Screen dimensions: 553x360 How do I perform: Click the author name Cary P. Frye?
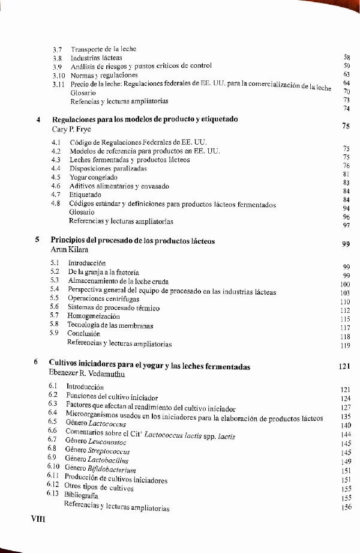tap(71, 129)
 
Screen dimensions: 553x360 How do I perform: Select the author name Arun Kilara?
tap(69, 250)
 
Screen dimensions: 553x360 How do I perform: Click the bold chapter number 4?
tap(38, 119)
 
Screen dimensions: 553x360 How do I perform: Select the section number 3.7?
tap(58, 49)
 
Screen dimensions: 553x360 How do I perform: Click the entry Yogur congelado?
tap(94, 178)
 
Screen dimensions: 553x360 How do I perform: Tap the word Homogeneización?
tap(94, 316)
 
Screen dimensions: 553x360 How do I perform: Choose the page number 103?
tap(344, 294)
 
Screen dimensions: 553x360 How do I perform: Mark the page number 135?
tap(345, 416)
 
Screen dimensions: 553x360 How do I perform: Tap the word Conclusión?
tap(83, 334)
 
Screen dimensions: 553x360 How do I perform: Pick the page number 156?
tap(346, 507)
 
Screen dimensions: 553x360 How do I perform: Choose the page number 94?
tap(346, 208)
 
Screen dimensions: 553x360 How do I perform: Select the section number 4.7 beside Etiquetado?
tap(56, 195)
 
